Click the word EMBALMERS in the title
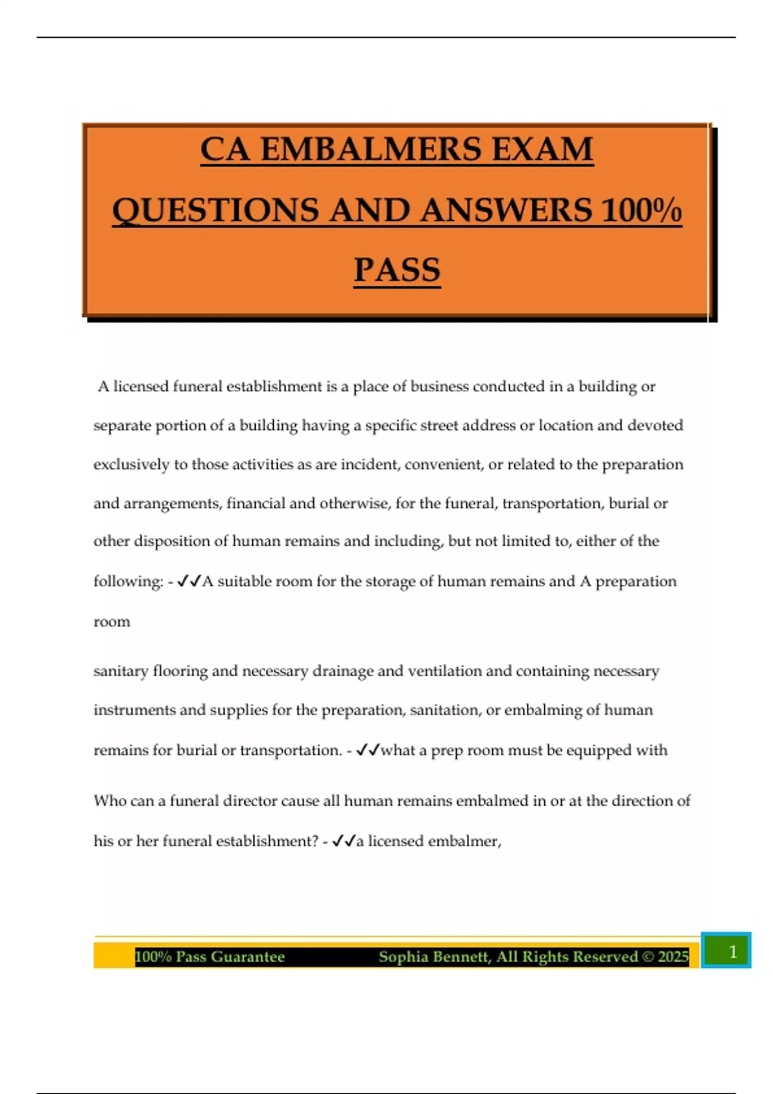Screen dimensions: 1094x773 pyautogui.click(x=371, y=150)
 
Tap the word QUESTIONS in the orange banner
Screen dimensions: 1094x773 pyautogui.click(x=215, y=210)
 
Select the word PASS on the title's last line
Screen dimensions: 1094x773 pyautogui.click(x=397, y=270)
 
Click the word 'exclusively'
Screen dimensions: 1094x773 pyautogui.click(x=131, y=465)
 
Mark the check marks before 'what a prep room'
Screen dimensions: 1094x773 pyautogui.click(x=368, y=750)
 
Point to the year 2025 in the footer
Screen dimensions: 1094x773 pyautogui.click(x=673, y=957)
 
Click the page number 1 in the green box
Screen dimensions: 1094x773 pyautogui.click(x=732, y=951)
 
